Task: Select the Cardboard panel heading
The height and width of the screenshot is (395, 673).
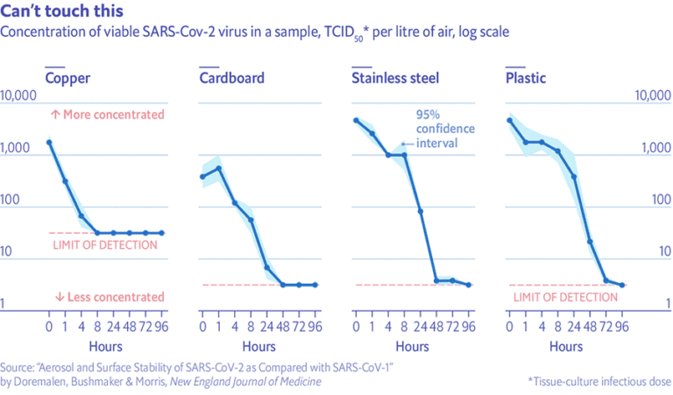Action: coord(231,79)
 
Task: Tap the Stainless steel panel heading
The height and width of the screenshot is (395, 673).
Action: coord(395,79)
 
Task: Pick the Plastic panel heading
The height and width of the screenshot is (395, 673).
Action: coord(526,79)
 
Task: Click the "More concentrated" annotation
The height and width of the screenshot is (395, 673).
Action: coord(107,114)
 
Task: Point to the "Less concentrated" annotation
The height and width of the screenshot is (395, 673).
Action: coord(109,297)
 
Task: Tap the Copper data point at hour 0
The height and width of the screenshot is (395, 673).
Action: coord(49,142)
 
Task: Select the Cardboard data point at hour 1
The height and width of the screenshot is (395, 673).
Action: coord(218,168)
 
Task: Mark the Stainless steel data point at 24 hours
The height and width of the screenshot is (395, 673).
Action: coord(420,211)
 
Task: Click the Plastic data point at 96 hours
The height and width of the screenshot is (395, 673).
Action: coord(622,285)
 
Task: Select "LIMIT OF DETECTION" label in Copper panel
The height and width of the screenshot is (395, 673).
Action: coord(105,245)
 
